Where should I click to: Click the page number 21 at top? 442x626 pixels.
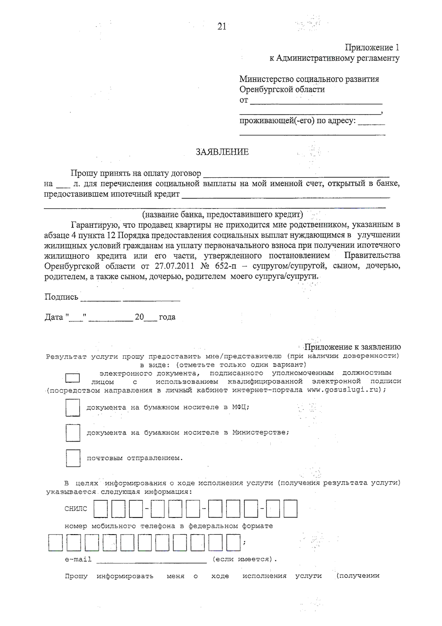pyautogui.click(x=222, y=27)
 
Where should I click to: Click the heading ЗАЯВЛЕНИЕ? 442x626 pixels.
pyautogui.click(x=222, y=152)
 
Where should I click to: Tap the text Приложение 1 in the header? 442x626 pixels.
pyautogui.click(x=372, y=48)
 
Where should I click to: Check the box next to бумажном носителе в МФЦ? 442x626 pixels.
pyautogui.click(x=73, y=408)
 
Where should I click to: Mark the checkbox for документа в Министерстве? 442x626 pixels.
pyautogui.click(x=73, y=433)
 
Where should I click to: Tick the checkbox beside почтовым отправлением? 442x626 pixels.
pyautogui.click(x=73, y=458)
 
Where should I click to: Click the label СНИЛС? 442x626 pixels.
pyautogui.click(x=76, y=509)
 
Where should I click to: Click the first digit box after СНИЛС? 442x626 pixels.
pyautogui.click(x=101, y=509)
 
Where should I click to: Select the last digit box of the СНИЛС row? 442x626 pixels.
pyautogui.click(x=290, y=509)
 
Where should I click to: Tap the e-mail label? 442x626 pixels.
pyautogui.click(x=78, y=560)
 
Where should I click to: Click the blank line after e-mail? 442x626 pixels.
pyautogui.click(x=151, y=561)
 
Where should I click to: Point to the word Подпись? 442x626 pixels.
pyautogui.click(x=61, y=297)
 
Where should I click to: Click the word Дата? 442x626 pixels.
pyautogui.click(x=54, y=317)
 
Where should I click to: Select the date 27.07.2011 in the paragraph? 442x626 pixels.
pyautogui.click(x=174, y=266)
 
